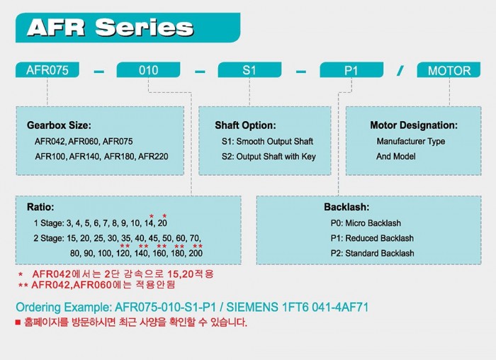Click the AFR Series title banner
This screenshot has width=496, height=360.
(128, 28)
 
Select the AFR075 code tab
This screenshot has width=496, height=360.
(47, 70)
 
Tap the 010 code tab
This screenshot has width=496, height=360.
(148, 70)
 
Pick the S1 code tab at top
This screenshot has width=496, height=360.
(249, 70)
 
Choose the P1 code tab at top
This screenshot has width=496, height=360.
(351, 70)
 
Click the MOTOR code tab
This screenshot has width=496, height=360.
(449, 70)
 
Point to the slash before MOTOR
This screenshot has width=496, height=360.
(400, 70)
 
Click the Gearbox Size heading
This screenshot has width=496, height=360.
(59, 125)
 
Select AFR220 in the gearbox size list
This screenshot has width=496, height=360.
(153, 157)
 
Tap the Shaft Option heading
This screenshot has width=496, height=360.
(245, 125)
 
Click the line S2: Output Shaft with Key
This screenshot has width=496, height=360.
(269, 157)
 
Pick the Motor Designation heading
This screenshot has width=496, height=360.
(414, 125)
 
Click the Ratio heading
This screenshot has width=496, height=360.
(40, 207)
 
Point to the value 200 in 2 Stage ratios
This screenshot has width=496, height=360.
(196, 253)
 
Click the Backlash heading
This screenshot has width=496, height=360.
(346, 207)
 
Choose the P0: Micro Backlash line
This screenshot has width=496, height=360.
(366, 223)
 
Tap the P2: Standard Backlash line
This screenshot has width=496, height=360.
(372, 253)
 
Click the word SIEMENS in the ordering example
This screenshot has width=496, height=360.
(252, 307)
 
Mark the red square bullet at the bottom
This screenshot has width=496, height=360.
(18, 322)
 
